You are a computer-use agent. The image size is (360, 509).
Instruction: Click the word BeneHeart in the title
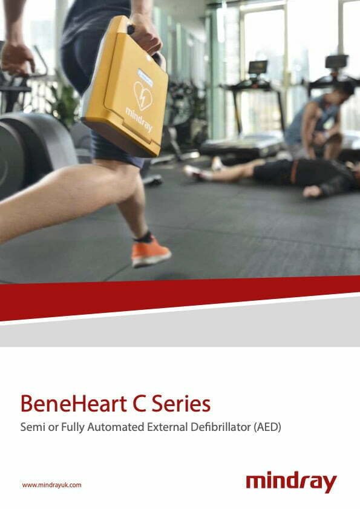pos(74,404)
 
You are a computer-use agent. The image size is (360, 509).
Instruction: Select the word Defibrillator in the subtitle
pos(221,427)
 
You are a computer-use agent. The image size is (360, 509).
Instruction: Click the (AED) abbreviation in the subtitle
pos(268,427)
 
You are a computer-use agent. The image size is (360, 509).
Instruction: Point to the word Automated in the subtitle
pos(116,427)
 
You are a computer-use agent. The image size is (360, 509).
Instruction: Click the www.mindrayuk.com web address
pos(51,485)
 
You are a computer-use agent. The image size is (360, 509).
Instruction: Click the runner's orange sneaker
pos(150,252)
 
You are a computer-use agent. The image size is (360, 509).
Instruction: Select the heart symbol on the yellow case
pos(143,95)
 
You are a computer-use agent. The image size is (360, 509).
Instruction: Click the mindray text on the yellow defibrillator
pos(139,120)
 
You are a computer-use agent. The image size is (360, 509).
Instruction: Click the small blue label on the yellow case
pos(145,77)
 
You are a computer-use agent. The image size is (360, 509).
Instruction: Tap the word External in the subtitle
pos(168,427)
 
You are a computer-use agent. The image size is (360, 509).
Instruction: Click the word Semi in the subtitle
pos(33,427)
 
